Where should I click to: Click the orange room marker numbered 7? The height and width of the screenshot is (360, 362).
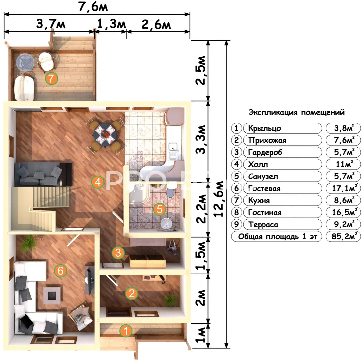(51, 78)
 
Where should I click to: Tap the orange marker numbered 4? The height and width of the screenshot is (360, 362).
(98, 182)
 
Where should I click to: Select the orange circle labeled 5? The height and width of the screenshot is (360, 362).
(159, 209)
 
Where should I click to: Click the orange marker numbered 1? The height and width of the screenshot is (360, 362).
(126, 331)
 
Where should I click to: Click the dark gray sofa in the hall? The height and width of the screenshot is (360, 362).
(43, 174)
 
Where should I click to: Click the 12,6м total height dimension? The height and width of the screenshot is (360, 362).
(219, 199)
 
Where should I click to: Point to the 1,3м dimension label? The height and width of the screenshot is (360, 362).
(111, 24)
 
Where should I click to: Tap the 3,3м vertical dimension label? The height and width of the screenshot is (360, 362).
(201, 139)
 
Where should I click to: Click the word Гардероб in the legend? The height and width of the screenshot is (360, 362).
(265, 152)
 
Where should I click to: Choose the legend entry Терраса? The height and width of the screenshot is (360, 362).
(263, 225)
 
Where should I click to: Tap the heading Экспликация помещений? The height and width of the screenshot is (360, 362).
(297, 113)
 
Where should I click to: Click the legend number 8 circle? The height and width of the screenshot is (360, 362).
(237, 212)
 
